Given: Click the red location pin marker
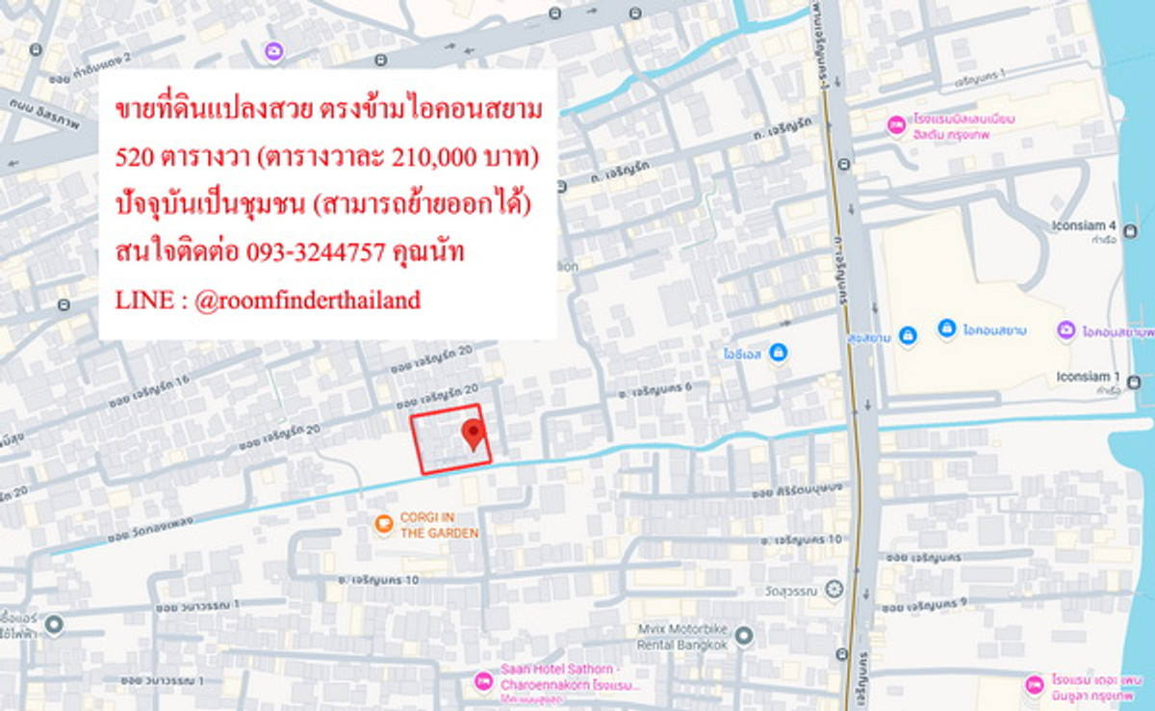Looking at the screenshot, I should pos(472,434).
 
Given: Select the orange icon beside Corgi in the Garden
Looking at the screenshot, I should pos(383,524).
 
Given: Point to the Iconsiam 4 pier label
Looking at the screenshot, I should pos(1085,227).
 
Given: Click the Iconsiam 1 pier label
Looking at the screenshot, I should pos(1085,377).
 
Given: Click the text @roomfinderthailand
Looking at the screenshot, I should pos(307,300).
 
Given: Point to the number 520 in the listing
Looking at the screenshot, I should pos(132,158).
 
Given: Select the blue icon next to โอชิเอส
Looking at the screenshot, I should pos(778,353).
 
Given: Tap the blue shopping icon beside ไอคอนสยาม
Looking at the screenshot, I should pos(946,329).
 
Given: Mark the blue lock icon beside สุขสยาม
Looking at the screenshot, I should pos(908,334).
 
